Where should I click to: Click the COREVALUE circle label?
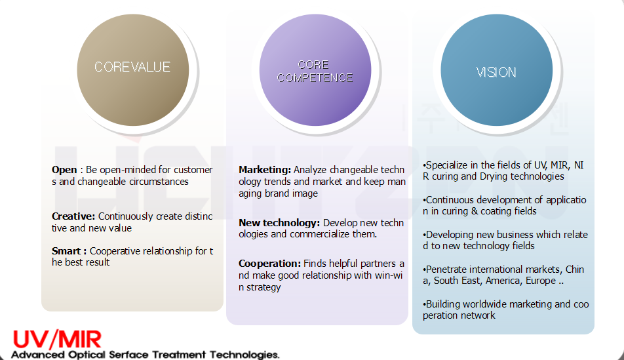(x=132, y=67)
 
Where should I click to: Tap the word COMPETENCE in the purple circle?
(x=315, y=77)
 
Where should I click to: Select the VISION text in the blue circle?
(x=496, y=72)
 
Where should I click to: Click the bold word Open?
(x=64, y=170)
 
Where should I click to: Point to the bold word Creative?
(x=73, y=216)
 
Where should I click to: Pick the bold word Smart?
(x=66, y=251)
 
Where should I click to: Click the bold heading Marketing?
(x=265, y=170)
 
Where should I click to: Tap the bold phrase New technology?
(x=279, y=223)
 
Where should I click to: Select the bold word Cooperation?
(x=269, y=264)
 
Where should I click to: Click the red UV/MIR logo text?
(x=57, y=340)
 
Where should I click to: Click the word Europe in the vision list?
(x=541, y=281)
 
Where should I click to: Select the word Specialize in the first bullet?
(x=447, y=166)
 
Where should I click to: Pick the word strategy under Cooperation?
(x=263, y=287)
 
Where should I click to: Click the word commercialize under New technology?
(x=320, y=234)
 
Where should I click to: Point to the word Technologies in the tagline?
(x=244, y=354)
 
